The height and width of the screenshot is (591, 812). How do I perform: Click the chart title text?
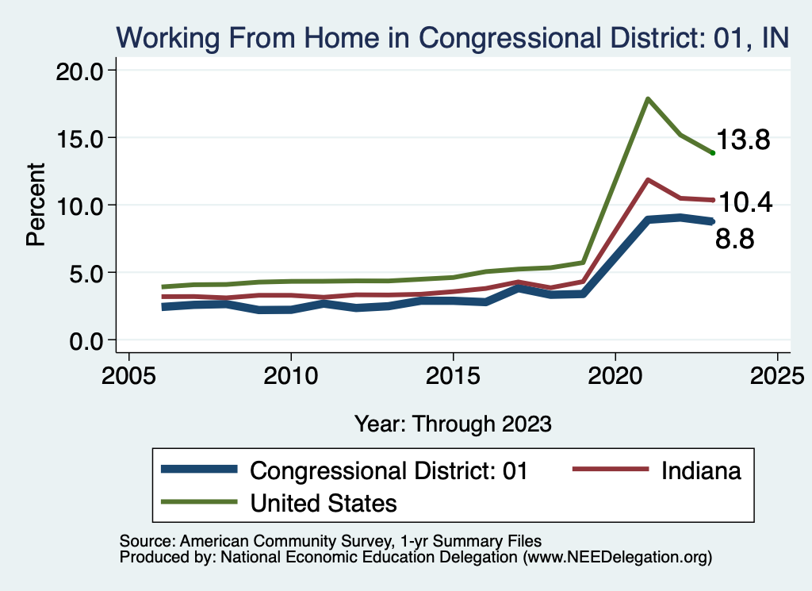pyautogui.click(x=452, y=36)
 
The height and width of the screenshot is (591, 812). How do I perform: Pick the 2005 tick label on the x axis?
pyautogui.click(x=128, y=375)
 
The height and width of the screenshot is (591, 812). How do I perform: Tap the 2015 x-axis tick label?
pyautogui.click(x=453, y=375)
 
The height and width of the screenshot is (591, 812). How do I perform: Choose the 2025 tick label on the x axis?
pyautogui.click(x=777, y=375)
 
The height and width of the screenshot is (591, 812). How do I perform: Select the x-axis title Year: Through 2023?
pyautogui.click(x=453, y=423)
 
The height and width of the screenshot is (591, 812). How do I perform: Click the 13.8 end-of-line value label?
pyautogui.click(x=744, y=141)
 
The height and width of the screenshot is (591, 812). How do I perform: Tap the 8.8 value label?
pyautogui.click(x=735, y=239)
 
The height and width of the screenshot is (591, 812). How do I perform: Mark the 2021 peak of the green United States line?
pyautogui.click(x=648, y=99)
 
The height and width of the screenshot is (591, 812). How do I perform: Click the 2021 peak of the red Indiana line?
pyautogui.click(x=648, y=180)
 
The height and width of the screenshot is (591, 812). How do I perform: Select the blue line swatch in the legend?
pyautogui.click(x=198, y=470)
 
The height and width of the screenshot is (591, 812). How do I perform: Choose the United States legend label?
pyautogui.click(x=324, y=502)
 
